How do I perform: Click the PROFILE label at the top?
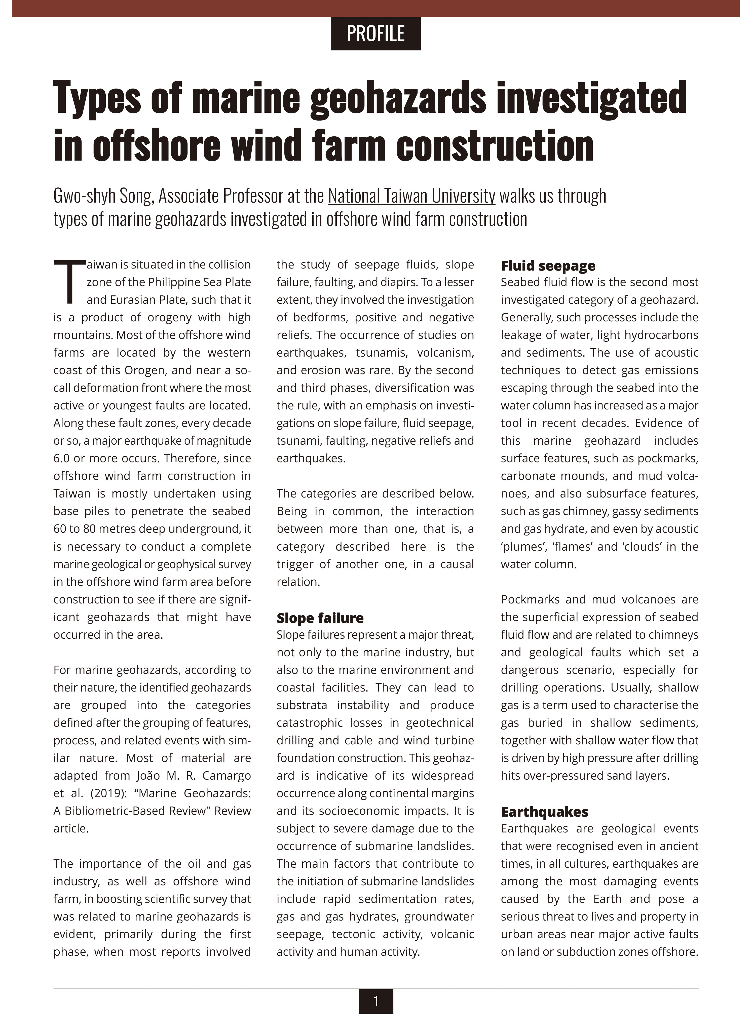pos(375,34)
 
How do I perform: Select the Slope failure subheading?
pos(320,618)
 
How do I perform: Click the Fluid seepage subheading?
pos(548,266)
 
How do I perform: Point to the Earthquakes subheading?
pos(544,812)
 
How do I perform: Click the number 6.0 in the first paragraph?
pos(63,458)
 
